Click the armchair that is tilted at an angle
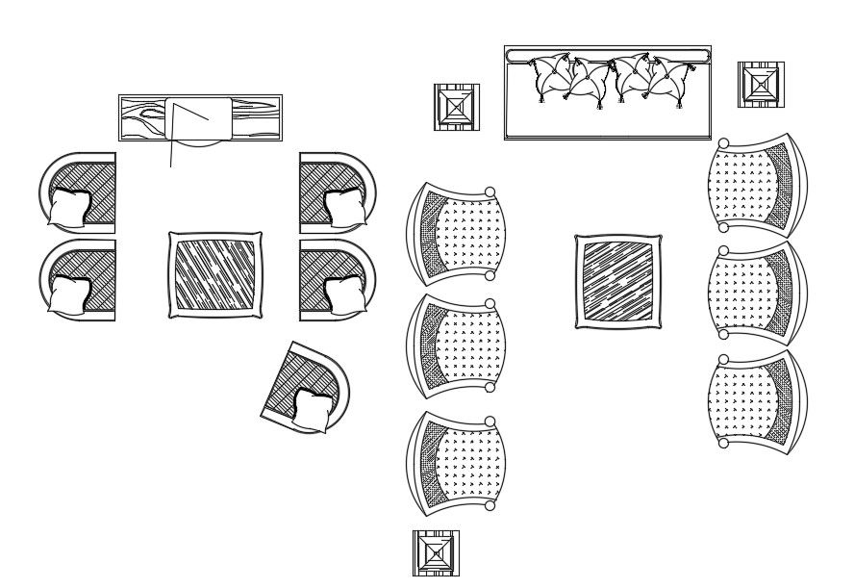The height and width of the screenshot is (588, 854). coord(306,387)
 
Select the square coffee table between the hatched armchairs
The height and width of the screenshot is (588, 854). coord(215,274)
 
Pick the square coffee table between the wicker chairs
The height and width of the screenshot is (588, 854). coord(618,281)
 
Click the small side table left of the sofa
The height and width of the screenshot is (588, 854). coord(456,107)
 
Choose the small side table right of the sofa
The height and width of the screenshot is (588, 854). coord(761,85)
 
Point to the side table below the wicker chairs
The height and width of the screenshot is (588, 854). coord(436,553)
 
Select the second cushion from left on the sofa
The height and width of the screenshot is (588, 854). coord(588,80)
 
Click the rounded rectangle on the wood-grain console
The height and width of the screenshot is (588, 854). coord(199,117)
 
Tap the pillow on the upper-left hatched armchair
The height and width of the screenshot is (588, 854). coord(70,207)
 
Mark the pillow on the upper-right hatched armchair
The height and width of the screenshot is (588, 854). coord(344,205)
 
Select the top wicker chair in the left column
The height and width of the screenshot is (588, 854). coord(456,233)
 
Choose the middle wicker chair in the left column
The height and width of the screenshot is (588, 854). coord(456,345)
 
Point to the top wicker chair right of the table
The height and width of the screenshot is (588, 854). coord(756,186)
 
